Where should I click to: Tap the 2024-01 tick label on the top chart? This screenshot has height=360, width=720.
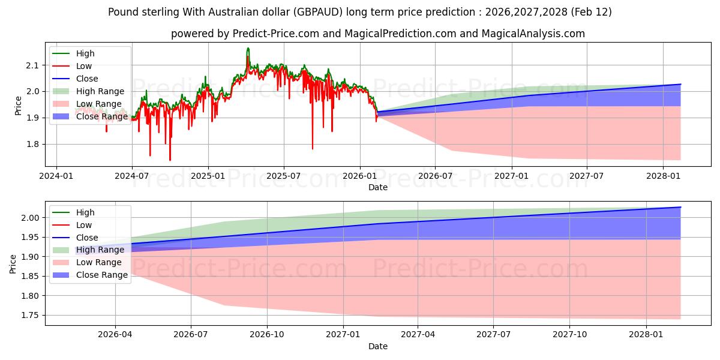coord(56,176)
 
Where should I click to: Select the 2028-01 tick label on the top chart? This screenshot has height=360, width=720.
coord(663,176)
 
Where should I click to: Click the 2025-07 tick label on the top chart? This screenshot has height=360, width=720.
coord(284,176)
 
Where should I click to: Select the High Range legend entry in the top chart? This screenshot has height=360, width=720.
coord(100,91)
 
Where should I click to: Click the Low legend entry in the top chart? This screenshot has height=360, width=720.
coord(84,66)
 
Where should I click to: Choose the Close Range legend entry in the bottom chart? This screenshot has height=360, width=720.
coord(102,275)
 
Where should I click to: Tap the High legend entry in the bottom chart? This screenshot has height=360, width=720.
coord(85,212)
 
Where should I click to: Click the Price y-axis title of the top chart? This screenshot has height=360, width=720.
coord(18,105)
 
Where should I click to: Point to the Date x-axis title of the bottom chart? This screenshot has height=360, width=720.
coord(378,346)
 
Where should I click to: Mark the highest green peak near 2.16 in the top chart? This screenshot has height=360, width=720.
coord(248,48)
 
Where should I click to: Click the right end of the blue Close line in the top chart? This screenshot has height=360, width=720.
coord(680,84)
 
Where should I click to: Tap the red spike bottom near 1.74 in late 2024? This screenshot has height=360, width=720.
coord(170,160)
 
